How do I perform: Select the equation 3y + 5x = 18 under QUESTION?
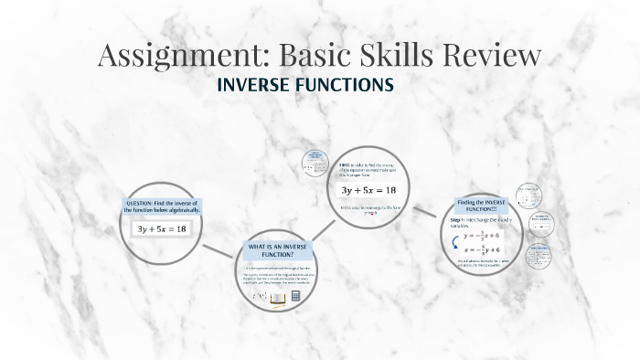(x=161, y=228)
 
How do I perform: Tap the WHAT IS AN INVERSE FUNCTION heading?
(x=275, y=249)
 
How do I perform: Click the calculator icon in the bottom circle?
(x=295, y=298)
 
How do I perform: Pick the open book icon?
(x=277, y=298)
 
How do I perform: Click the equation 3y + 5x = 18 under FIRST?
(x=368, y=190)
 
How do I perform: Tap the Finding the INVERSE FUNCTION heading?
(x=481, y=205)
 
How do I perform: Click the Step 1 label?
(x=459, y=220)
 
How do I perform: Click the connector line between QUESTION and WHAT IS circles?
(x=219, y=250)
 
